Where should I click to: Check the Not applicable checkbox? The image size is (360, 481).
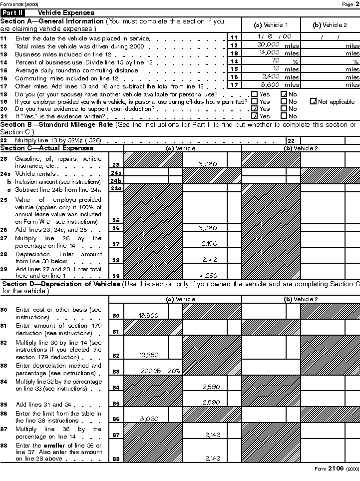click(x=314, y=101)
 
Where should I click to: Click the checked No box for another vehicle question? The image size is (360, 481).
click(x=284, y=93)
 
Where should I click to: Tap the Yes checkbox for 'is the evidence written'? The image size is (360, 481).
click(x=255, y=116)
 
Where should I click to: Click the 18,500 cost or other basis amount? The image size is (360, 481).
click(x=149, y=315)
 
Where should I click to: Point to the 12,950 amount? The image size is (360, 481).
click(x=149, y=355)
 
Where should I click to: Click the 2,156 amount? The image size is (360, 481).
click(x=209, y=243)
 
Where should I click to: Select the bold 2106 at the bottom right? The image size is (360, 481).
click(x=336, y=469)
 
